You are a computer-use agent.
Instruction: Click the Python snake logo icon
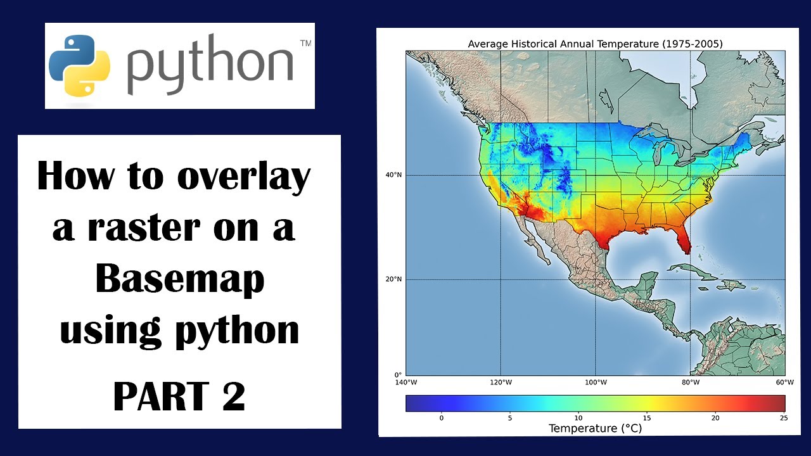[x=79, y=65]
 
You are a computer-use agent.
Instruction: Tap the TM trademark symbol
[x=305, y=44]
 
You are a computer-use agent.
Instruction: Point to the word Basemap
[x=180, y=279]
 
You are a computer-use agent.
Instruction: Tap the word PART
[x=160, y=396]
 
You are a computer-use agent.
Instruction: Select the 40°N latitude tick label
[x=394, y=175]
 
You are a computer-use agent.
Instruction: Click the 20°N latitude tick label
[x=394, y=279]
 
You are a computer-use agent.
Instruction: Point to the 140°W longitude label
[x=405, y=383]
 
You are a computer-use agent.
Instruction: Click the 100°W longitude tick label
[x=596, y=383]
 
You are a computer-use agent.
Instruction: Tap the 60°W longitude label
[x=784, y=383]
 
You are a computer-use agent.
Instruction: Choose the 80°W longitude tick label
[x=690, y=383]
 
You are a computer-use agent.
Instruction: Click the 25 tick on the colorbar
[x=784, y=417]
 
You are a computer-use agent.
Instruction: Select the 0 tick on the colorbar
[x=442, y=417]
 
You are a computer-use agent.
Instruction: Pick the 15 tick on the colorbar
[x=647, y=417]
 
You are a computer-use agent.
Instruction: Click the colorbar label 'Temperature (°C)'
[x=595, y=429]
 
